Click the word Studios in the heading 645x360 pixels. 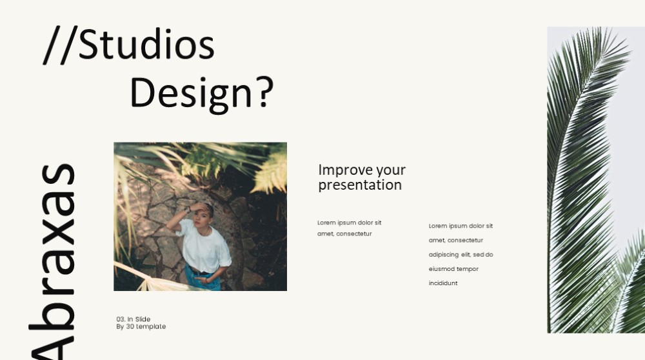click(x=146, y=45)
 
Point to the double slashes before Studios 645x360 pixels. click(x=60, y=45)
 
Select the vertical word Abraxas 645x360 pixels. click(x=52, y=261)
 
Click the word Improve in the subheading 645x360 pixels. click(x=345, y=170)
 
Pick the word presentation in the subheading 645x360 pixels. click(x=360, y=185)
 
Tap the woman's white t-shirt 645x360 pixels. click(x=204, y=245)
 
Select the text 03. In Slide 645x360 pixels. click(x=134, y=319)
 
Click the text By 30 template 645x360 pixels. click(x=141, y=326)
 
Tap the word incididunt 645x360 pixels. click(x=443, y=283)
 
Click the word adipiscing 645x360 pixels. click(x=444, y=255)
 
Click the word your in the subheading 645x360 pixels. click(x=391, y=170)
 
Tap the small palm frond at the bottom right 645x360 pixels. click(x=630, y=288)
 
